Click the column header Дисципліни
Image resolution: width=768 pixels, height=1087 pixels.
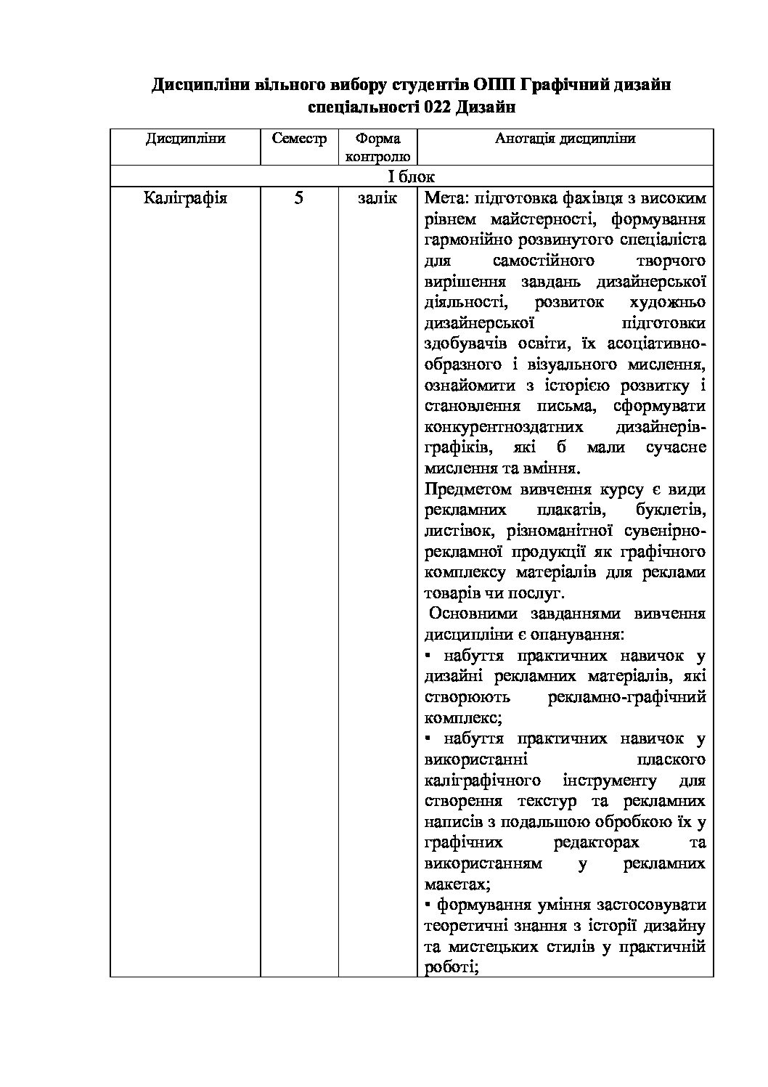(185, 139)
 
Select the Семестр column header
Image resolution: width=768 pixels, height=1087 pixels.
(299, 139)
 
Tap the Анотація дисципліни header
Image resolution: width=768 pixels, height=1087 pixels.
(565, 139)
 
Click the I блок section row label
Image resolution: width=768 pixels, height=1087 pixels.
(411, 176)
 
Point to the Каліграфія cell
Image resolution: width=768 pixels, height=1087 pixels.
(185, 198)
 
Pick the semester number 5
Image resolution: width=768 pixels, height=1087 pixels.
(299, 198)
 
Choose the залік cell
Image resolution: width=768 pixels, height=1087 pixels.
(377, 198)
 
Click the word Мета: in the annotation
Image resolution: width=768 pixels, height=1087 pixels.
(446, 198)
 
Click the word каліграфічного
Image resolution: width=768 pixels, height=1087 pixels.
(481, 781)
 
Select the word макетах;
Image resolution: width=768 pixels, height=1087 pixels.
(457, 885)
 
